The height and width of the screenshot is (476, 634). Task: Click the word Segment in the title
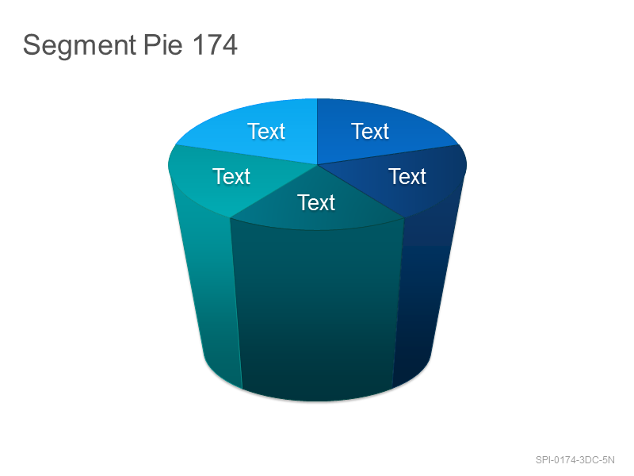click(x=79, y=45)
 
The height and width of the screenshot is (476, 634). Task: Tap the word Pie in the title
click(x=163, y=44)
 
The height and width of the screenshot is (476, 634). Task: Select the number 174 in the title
click(x=214, y=44)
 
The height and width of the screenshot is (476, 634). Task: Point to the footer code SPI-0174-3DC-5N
click(x=575, y=460)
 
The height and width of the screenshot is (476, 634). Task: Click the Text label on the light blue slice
click(x=266, y=131)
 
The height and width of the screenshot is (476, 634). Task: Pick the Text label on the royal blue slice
click(x=370, y=131)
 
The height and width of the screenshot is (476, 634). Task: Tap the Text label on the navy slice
click(x=407, y=176)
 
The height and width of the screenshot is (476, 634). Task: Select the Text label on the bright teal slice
click(x=231, y=176)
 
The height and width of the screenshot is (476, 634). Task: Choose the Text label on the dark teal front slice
click(x=316, y=202)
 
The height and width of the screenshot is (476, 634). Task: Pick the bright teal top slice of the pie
click(x=227, y=178)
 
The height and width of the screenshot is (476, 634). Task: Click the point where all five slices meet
click(x=318, y=165)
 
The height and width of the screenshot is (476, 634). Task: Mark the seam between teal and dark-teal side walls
click(x=236, y=304)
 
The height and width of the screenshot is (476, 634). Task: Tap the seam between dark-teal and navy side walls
click(x=399, y=303)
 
